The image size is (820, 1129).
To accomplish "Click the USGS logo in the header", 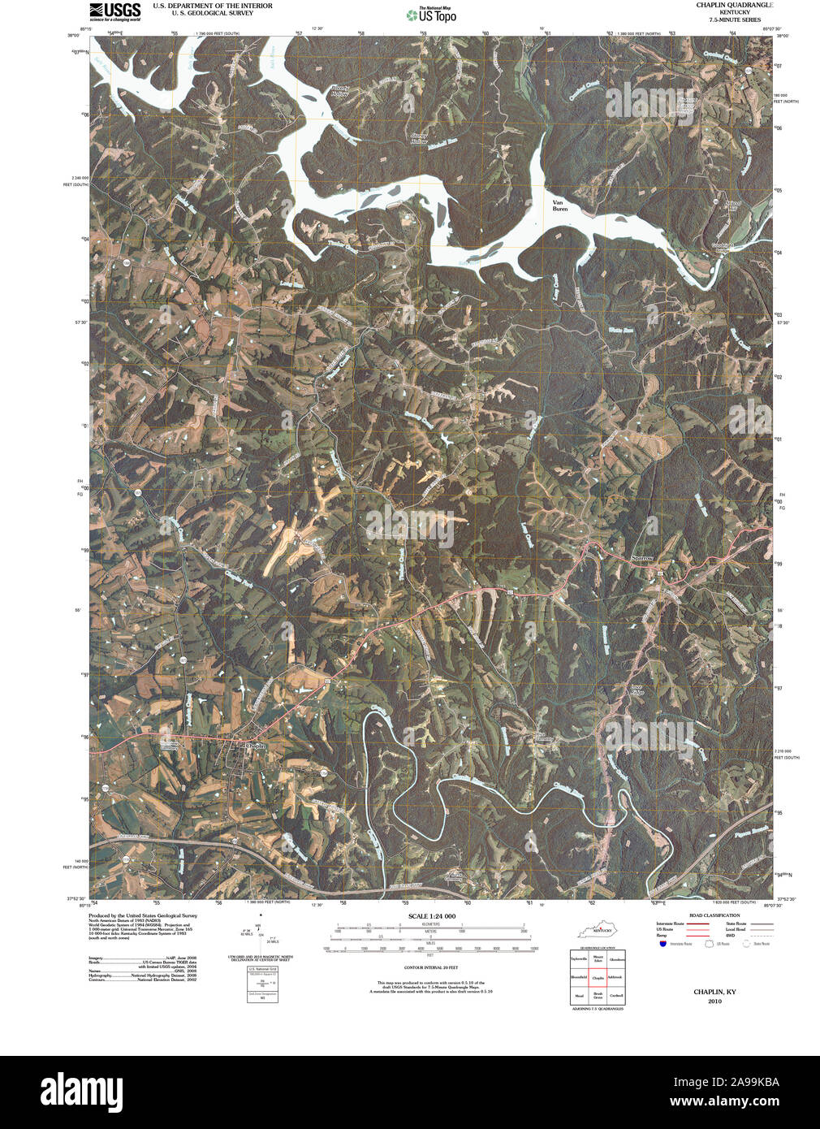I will click(115, 11).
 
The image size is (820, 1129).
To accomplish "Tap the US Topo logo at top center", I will click(432, 14).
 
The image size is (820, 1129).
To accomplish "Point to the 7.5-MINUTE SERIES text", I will click(734, 20).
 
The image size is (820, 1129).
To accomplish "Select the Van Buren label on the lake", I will click(559, 205).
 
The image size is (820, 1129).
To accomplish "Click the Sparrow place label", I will click(642, 558).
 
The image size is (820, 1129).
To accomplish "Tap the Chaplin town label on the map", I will click(256, 745).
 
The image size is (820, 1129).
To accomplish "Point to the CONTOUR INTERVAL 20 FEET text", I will click(431, 968).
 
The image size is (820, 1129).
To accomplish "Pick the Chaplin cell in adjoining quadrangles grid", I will click(598, 977).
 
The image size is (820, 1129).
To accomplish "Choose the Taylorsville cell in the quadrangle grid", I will click(579, 958).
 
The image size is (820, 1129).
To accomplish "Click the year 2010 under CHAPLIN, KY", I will click(714, 1001).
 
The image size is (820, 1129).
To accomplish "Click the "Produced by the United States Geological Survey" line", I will click(143, 915).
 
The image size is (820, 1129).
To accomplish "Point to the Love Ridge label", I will click(637, 690).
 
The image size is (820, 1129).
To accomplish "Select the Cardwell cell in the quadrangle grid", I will click(617, 995).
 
